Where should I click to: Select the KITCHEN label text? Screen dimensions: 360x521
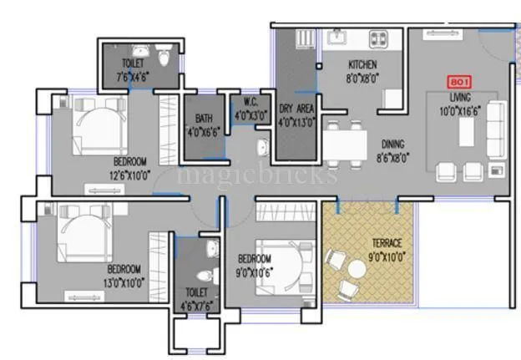[362, 64]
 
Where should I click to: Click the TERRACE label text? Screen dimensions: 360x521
[387, 243]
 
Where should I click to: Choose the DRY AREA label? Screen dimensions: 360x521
[296, 109]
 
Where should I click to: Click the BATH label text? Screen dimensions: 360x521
[204, 119]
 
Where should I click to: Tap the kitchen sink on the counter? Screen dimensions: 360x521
[337, 37]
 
